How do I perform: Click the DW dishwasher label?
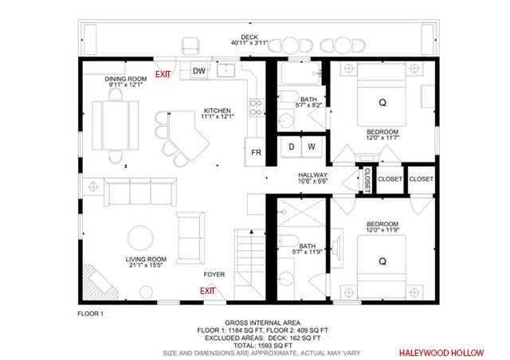coord(199,71)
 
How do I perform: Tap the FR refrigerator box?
coord(255,152)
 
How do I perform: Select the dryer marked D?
coord(292,147)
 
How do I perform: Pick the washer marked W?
coord(312,147)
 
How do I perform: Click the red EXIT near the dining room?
coord(163,75)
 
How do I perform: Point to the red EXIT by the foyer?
coord(207,291)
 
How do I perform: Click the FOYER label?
coord(214,275)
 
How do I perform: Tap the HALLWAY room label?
coord(312,175)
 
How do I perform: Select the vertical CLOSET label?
coord(367,180)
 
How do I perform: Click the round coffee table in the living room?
coord(140,238)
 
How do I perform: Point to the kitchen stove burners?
coord(257,108)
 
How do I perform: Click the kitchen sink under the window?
coord(226,70)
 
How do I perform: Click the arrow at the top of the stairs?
coord(252,232)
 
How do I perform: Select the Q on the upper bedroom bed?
coord(382,103)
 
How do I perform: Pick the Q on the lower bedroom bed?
coord(382,261)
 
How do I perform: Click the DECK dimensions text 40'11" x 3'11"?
coord(249,42)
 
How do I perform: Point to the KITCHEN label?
coord(218,111)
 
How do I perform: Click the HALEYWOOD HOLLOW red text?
coord(441,353)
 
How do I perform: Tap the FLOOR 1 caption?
coord(90,314)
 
